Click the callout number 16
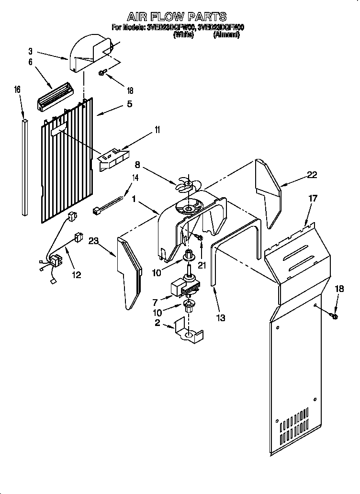click(18, 90)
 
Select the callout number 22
click(312, 175)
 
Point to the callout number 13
click(220, 317)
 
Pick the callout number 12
click(76, 275)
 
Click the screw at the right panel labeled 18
click(333, 315)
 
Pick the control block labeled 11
click(113, 158)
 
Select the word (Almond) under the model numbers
click(226, 35)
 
